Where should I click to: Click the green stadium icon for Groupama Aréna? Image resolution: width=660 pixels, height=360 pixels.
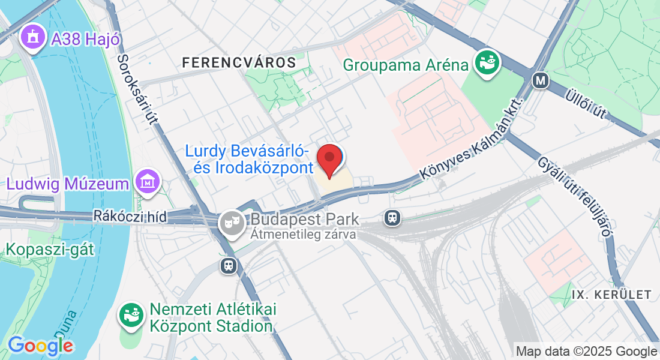pos(487,62)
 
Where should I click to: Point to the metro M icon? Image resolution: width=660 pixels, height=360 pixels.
pos(541,80)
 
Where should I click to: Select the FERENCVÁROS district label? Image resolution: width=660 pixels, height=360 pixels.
pos(239,62)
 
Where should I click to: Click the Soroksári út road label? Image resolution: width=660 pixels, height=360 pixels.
pos(137,89)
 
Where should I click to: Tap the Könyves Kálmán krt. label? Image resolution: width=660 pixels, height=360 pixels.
pos(472,140)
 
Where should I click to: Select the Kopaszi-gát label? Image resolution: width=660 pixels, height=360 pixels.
pos(50,249)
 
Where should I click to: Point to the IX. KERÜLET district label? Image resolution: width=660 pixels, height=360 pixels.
pos(611,295)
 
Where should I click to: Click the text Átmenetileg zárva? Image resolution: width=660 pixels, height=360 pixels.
pos(304,235)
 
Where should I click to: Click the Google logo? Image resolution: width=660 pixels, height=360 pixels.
pos(40,346)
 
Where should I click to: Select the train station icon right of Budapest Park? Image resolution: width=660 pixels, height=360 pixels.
pos(392,217)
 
